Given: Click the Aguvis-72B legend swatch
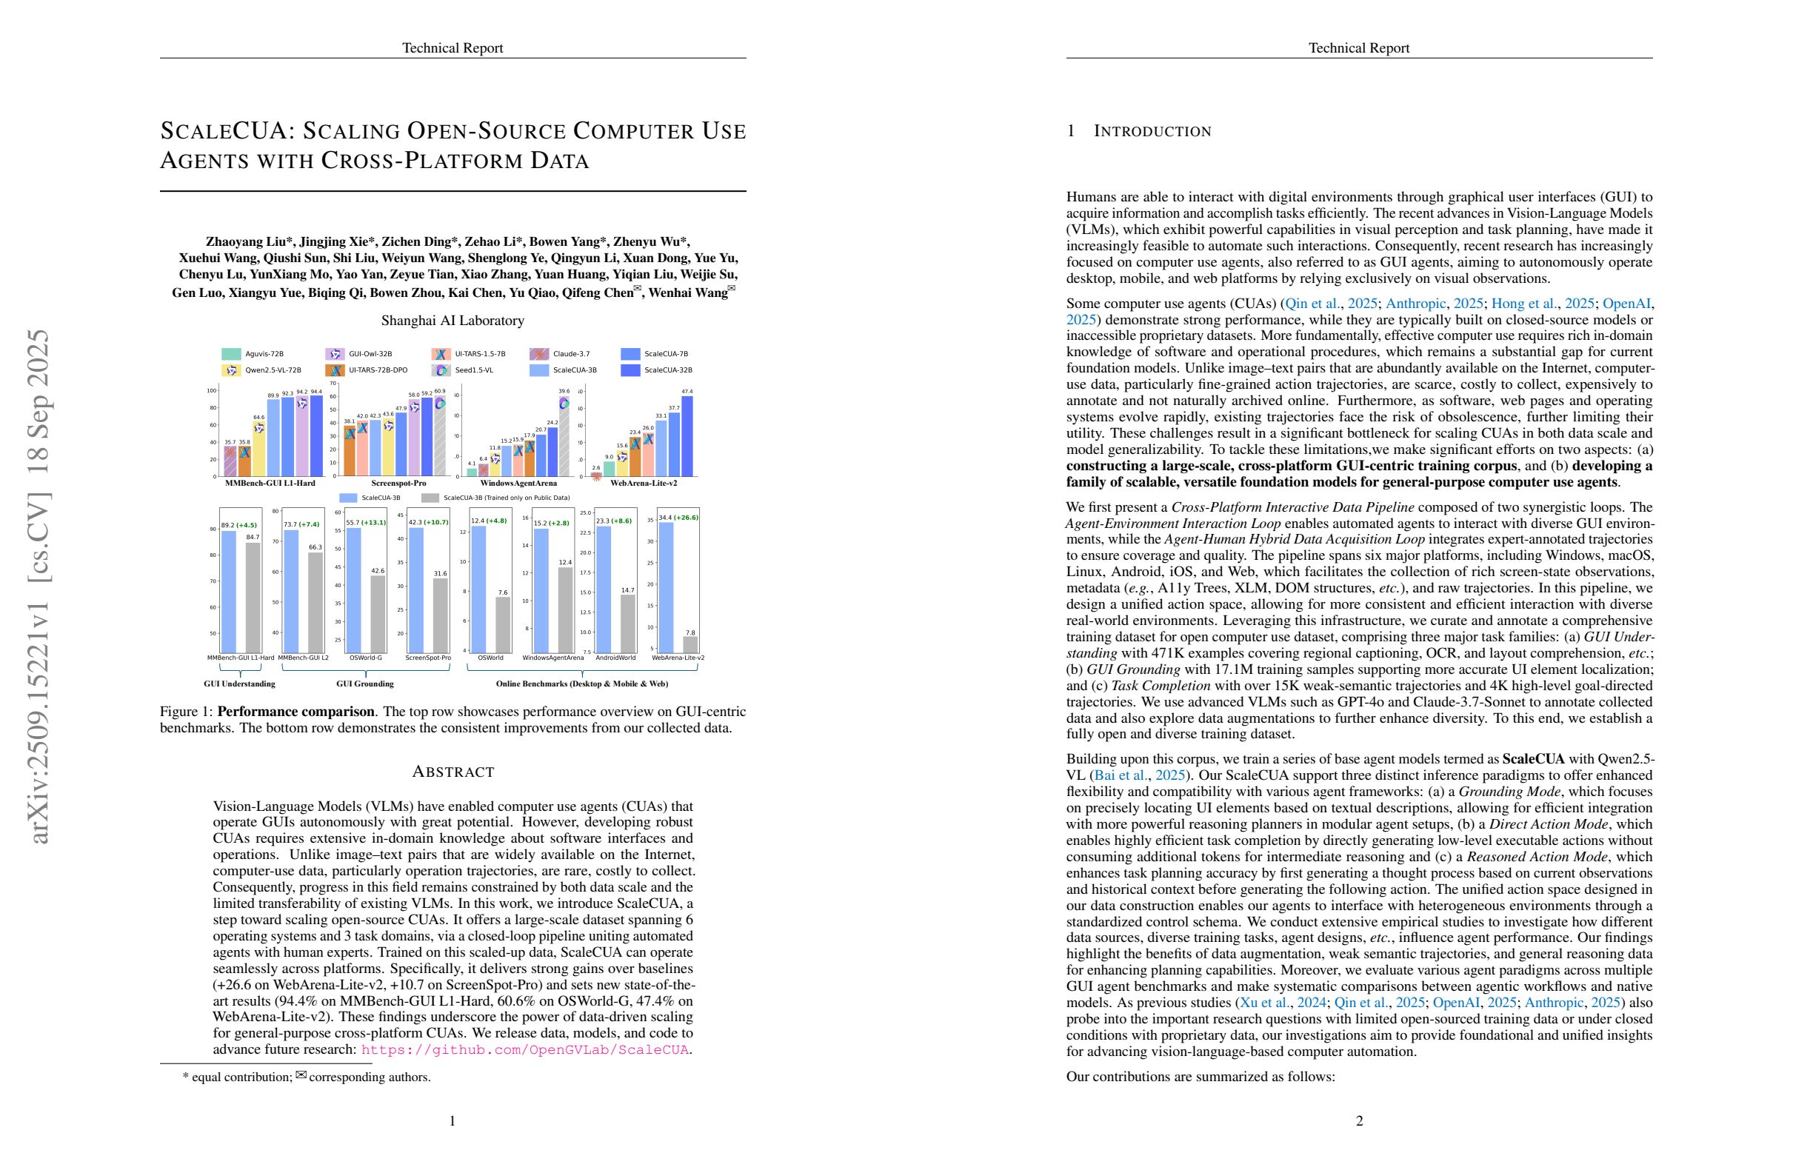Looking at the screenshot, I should (231, 354).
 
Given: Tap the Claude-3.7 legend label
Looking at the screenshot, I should (570, 354).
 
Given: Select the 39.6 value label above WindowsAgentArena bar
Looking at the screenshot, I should (564, 392).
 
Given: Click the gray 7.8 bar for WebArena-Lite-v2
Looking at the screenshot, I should (690, 644).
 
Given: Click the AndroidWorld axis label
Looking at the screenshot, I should (615, 658).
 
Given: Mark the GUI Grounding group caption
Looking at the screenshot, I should (365, 684).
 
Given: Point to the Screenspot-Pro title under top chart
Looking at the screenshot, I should (398, 483).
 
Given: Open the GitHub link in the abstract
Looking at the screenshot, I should (525, 1049).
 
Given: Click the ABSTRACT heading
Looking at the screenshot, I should (453, 772).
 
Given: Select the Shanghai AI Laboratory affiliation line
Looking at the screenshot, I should (453, 321).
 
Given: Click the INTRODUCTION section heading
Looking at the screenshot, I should (1152, 131).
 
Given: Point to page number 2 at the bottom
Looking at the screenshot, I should (1359, 1120).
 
